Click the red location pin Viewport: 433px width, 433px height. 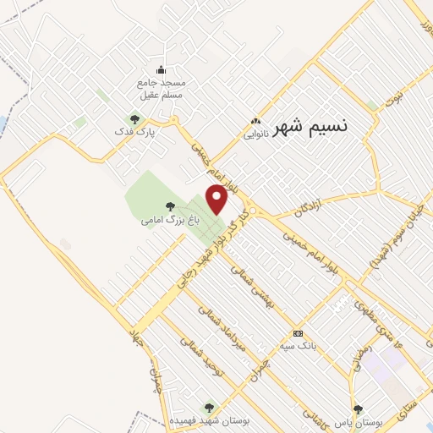(x=217, y=200)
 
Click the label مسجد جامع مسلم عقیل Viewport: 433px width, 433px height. (x=161, y=89)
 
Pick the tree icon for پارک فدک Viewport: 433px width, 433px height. (x=134, y=118)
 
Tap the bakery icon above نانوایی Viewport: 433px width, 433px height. (x=255, y=121)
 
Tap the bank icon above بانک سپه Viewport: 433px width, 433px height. (x=297, y=333)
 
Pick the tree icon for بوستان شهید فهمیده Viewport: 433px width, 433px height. (x=209, y=408)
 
